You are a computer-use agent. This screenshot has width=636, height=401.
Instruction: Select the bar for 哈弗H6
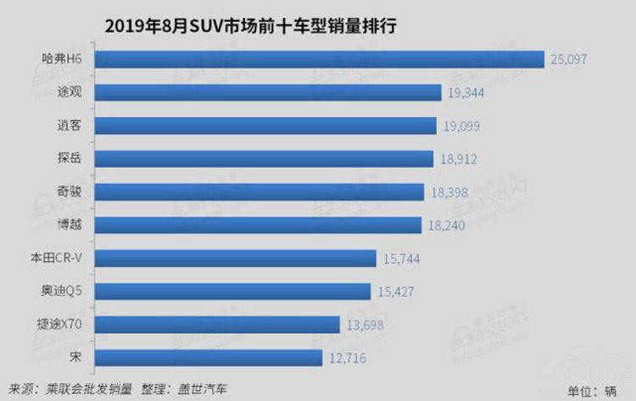click(319, 59)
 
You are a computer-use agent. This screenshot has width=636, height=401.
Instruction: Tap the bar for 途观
click(268, 92)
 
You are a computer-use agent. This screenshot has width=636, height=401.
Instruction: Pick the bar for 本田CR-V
click(235, 258)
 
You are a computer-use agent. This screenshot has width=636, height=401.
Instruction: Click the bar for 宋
click(209, 358)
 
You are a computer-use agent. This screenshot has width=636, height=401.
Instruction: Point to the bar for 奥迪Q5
click(232, 291)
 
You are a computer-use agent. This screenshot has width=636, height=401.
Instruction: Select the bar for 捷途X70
click(217, 325)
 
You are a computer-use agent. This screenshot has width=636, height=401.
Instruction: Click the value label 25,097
click(569, 59)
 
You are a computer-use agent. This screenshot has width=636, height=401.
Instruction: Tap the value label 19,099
click(463, 125)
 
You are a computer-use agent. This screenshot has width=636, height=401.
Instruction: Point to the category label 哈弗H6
click(62, 59)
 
